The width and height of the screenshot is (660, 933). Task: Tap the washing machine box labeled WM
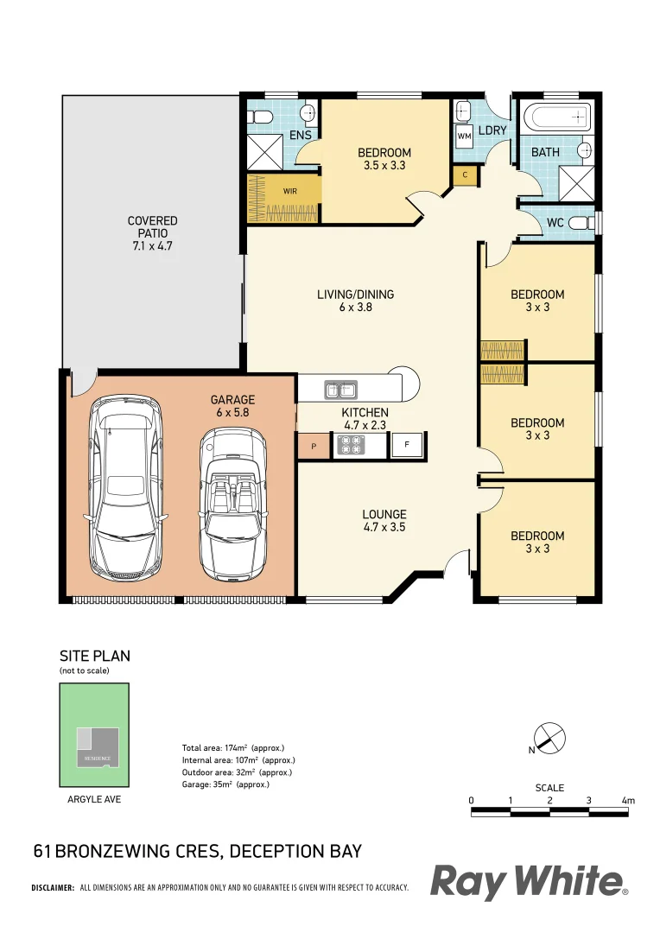464,136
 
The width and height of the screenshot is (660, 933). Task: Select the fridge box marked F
407,445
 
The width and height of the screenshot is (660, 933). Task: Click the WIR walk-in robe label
290,192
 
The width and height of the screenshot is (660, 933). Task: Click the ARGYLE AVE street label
94,799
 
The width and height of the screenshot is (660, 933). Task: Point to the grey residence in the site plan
98,746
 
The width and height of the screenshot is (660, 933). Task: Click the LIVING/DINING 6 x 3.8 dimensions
355,307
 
